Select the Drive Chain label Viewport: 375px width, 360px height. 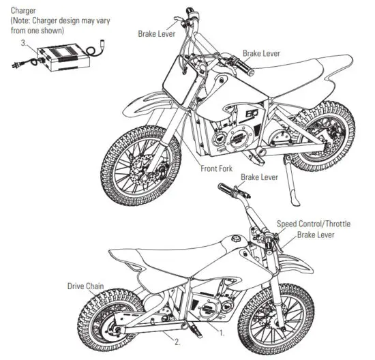point(85,286)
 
